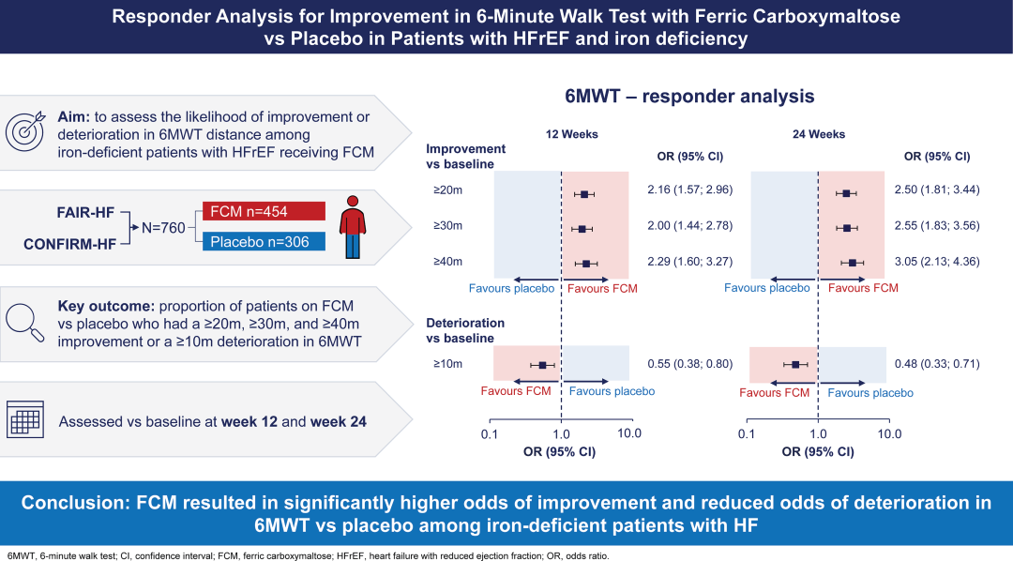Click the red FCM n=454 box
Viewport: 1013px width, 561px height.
point(264,211)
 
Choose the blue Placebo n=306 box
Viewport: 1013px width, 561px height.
point(264,242)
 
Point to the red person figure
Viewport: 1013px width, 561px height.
point(353,226)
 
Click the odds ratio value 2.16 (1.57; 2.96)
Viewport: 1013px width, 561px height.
point(689,190)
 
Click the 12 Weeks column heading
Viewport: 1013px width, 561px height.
point(572,134)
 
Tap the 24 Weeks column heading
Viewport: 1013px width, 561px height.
point(819,134)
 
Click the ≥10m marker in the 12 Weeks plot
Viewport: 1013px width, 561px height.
point(542,364)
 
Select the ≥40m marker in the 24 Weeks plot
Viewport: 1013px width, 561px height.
point(852,263)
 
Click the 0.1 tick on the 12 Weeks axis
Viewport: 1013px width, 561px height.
point(490,434)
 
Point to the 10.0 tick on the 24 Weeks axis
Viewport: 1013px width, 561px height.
point(888,434)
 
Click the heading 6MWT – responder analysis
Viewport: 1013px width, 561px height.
point(689,97)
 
